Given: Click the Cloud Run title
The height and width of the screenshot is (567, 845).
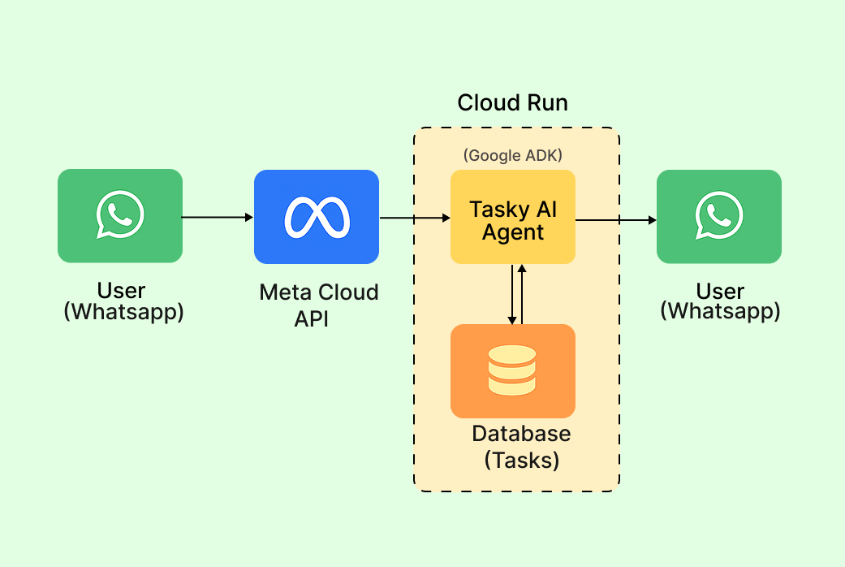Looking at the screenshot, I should (512, 103).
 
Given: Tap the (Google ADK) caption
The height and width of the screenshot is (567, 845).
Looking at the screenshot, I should (512, 155).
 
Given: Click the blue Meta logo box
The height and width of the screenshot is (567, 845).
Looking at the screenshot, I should (317, 217).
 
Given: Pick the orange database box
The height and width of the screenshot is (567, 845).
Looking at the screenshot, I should (512, 370).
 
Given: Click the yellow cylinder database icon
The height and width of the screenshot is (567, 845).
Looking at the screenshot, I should (512, 370).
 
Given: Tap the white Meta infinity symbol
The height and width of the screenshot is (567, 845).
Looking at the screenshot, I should (317, 217).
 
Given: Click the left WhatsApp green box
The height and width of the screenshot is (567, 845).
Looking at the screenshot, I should (120, 216).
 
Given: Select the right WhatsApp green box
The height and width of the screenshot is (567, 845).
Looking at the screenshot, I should (718, 217).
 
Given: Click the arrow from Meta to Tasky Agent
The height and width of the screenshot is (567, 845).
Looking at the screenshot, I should (414, 218).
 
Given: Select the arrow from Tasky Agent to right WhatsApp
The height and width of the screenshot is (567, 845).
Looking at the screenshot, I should (615, 219).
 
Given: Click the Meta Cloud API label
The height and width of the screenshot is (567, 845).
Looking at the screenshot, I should (318, 305).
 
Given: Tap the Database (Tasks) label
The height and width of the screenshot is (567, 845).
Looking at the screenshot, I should (521, 447).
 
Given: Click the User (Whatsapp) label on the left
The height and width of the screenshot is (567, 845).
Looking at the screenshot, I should (123, 301).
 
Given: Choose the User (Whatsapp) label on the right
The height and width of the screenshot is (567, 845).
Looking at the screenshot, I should (720, 301).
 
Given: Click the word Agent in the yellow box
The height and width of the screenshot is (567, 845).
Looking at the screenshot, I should (513, 232).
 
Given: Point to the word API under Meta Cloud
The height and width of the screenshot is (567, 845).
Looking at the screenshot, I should (312, 318).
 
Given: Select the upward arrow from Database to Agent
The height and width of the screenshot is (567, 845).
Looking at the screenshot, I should (523, 294).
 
